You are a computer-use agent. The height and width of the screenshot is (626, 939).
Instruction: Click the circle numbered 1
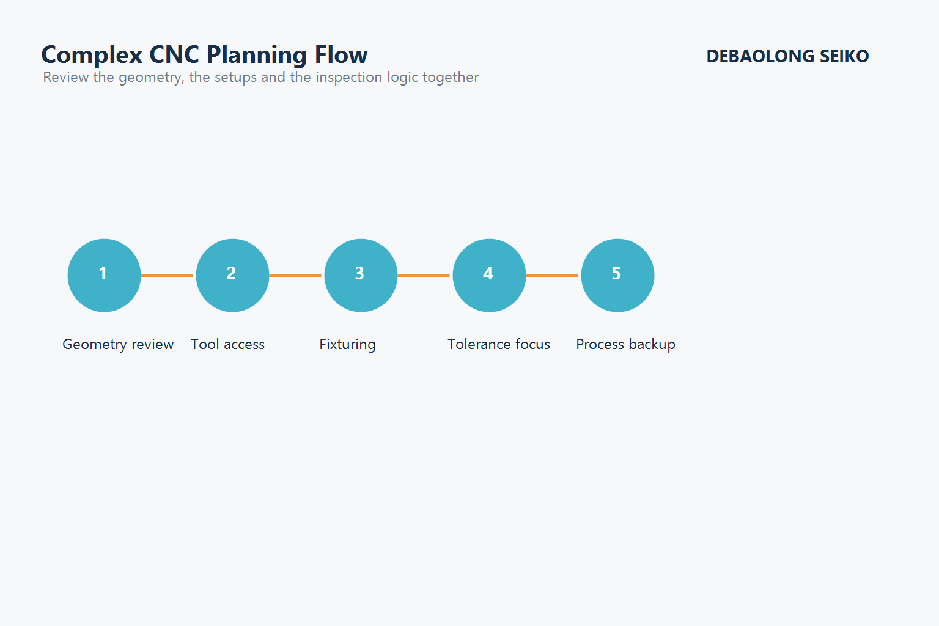pos(104,275)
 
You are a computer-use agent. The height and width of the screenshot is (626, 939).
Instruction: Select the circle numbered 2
pos(232,275)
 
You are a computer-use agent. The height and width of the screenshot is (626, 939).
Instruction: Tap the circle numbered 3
pos(361,275)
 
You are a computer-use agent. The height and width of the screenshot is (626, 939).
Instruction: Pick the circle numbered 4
pos(489,275)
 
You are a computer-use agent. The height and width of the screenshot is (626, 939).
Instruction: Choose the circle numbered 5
pos(617,275)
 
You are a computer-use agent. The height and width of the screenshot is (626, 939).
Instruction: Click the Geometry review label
pos(118,344)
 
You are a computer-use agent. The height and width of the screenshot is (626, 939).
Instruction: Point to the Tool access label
pos(227,344)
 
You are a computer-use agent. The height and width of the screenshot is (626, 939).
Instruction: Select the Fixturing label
pos(347,344)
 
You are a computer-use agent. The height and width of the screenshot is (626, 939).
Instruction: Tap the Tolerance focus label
pos(499,344)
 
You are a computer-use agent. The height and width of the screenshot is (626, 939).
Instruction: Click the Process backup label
pos(625,344)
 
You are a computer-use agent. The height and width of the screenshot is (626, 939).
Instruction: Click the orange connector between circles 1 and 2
pos(168,275)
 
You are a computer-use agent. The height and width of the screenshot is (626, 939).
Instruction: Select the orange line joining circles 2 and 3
pos(296,275)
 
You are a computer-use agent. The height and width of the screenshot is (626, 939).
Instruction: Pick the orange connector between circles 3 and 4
pos(424,275)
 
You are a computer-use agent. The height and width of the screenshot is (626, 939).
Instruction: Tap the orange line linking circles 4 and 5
pos(553,275)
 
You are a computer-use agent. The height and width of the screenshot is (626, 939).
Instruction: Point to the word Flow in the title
pos(341,54)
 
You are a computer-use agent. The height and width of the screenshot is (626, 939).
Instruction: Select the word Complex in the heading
pos(92,55)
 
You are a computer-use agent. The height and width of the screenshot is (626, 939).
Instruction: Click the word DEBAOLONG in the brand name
pos(760,56)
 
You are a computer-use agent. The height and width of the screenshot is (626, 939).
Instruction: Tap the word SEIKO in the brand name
pos(844,56)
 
